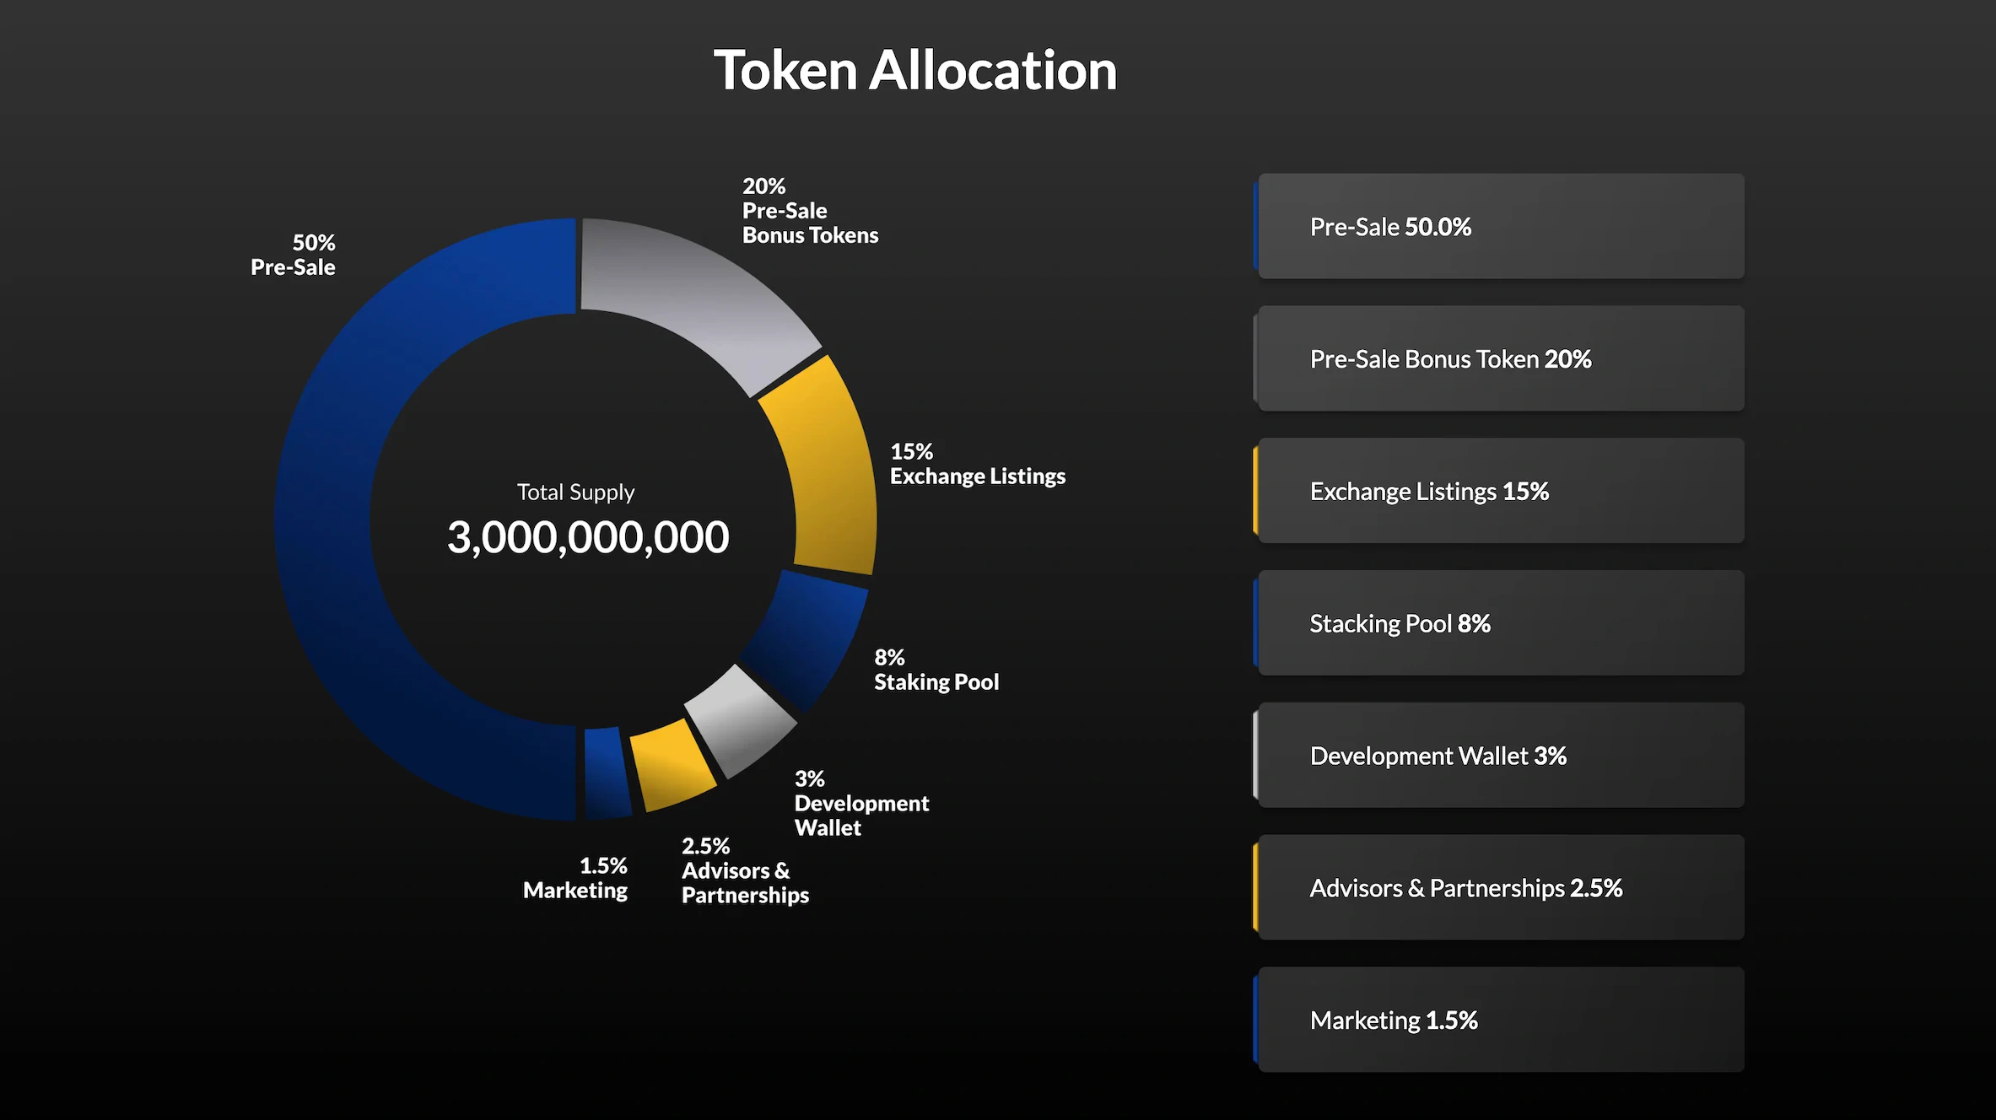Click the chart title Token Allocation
[915, 70]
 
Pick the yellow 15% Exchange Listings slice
[831, 472]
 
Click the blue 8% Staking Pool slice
[806, 637]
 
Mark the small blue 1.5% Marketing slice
[607, 772]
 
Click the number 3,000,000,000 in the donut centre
[588, 537]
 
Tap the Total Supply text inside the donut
[575, 493]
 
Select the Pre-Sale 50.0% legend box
[1500, 226]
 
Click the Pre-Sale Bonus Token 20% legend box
[1500, 358]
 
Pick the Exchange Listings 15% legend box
[1500, 491]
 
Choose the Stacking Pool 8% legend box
[1500, 623]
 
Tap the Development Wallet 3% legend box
[1500, 756]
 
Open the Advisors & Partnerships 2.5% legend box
[1500, 888]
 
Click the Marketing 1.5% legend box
[1500, 1020]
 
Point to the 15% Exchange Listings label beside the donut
[977, 465]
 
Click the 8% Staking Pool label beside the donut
[936, 670]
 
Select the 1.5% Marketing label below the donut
[575, 879]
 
